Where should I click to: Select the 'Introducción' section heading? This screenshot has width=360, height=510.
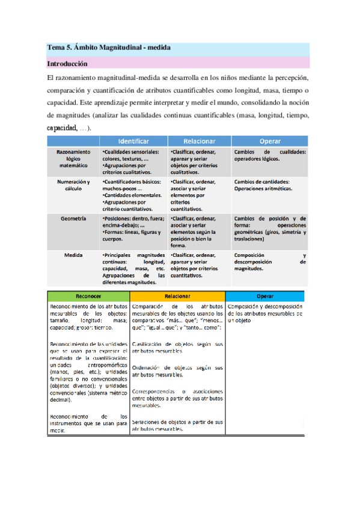pyautogui.click(x=67, y=63)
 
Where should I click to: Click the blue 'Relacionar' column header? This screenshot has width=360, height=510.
pyautogui.click(x=199, y=141)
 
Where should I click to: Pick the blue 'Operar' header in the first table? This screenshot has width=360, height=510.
pyautogui.click(x=270, y=141)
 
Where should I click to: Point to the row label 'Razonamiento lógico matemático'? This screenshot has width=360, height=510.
pyautogui.click(x=73, y=158)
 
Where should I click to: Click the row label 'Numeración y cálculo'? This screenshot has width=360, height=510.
pyautogui.click(x=73, y=185)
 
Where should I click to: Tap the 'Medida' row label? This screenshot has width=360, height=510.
pyautogui.click(x=73, y=255)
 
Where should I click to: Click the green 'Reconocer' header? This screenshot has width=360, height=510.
pyautogui.click(x=88, y=296)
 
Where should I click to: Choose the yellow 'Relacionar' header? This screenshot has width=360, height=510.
pyautogui.click(x=177, y=296)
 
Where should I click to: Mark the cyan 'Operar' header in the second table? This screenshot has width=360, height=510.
pyautogui.click(x=264, y=296)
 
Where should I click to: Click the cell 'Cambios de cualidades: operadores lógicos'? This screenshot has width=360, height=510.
pyautogui.click(x=270, y=156)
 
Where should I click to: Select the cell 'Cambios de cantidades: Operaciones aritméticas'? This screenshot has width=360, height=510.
pyautogui.click(x=270, y=185)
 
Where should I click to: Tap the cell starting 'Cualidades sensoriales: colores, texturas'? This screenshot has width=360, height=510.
pyautogui.click(x=132, y=162)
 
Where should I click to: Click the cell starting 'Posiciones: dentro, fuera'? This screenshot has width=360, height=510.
pyautogui.click(x=132, y=229)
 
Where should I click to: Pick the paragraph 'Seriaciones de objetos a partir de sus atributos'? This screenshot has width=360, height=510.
pyautogui.click(x=177, y=426)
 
